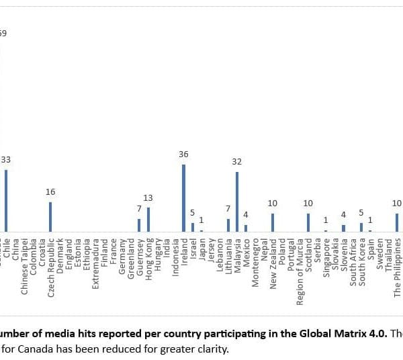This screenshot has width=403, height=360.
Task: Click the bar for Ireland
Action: pyautogui.click(x=183, y=198)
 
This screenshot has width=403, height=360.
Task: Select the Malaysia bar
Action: pyautogui.click(x=237, y=201)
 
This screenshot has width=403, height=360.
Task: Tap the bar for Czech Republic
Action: pyautogui.click(x=50, y=216)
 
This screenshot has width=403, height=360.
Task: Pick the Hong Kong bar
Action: pyautogui.click(x=148, y=219)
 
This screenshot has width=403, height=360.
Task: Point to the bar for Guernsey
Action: pyautogui.click(x=139, y=225)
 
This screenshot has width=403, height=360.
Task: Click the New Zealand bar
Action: pyautogui.click(x=272, y=222)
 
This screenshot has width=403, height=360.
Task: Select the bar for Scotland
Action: pyautogui.click(x=308, y=222)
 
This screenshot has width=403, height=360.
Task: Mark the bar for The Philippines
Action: pyautogui.click(x=397, y=222)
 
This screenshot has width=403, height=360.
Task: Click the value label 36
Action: pyautogui.click(x=183, y=154)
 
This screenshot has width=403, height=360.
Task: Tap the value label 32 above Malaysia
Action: pyautogui.click(x=237, y=162)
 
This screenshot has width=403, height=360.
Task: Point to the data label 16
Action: pyautogui.click(x=50, y=192)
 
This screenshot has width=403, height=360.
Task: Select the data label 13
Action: pyautogui.click(x=148, y=198)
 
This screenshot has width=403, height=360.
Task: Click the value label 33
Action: pyautogui.click(x=5, y=159)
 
